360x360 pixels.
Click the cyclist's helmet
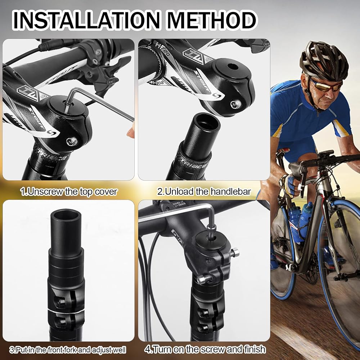tap(324, 61)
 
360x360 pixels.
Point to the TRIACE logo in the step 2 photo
tap(194, 162)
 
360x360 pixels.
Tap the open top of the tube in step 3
tap(66, 215)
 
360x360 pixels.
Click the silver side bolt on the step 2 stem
tap(236, 104)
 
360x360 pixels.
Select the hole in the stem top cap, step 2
tap(233, 67)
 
